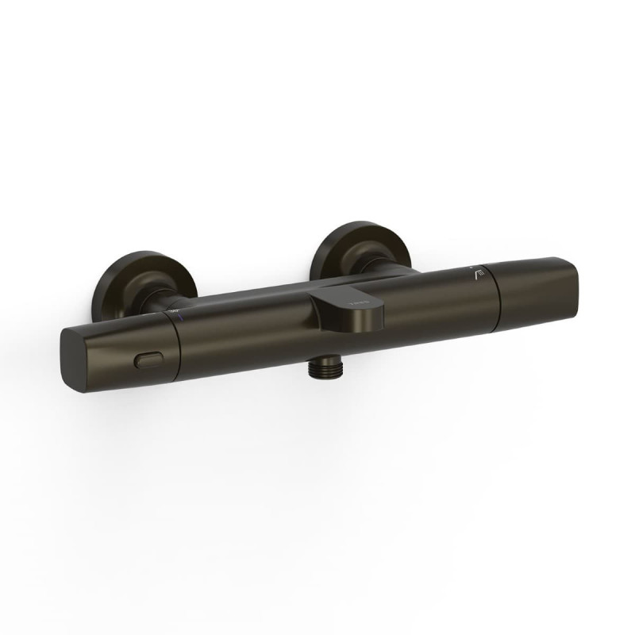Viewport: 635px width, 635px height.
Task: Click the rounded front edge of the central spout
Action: [357, 317]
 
